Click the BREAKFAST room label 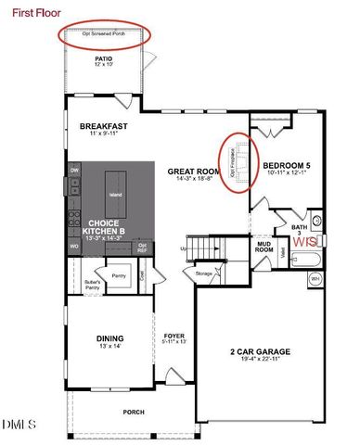coord(102,126)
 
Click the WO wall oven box coord(74,247)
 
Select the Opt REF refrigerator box coord(142,247)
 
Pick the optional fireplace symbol coord(238,164)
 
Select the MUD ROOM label coord(264,246)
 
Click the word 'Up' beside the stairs coord(184,249)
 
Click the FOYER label coord(174,337)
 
